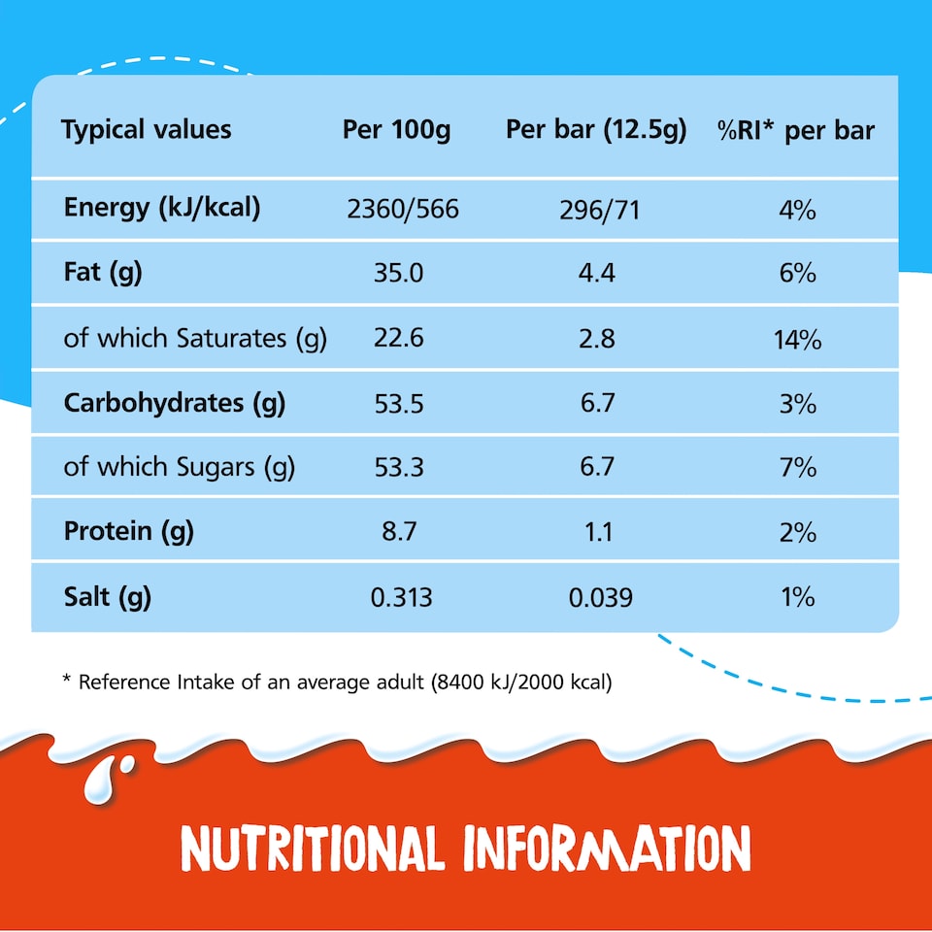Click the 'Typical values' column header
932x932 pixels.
147,130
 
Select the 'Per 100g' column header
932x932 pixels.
396,130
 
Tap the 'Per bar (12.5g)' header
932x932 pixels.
595,130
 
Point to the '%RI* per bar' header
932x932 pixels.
796,130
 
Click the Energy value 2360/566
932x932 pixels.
403,209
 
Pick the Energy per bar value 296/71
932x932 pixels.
600,209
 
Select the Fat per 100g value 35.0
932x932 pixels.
398,274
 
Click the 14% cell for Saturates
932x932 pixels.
797,339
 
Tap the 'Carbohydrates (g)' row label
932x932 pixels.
174,403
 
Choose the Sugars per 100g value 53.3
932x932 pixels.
398,467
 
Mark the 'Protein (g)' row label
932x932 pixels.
128,531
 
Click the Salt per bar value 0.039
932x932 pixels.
600,596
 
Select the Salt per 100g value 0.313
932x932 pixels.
402,596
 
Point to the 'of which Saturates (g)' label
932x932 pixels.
195,338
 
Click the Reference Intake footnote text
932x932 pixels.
337,682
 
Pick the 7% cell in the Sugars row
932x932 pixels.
797,467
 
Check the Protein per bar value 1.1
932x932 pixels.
600,531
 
